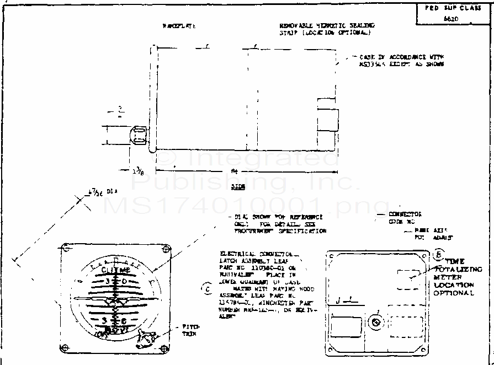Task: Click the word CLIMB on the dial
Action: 116,270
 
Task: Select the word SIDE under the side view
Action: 238,187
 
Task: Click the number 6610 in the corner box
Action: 451,18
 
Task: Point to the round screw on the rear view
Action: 376,323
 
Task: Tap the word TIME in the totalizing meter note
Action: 455,261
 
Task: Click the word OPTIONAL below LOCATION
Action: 454,293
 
